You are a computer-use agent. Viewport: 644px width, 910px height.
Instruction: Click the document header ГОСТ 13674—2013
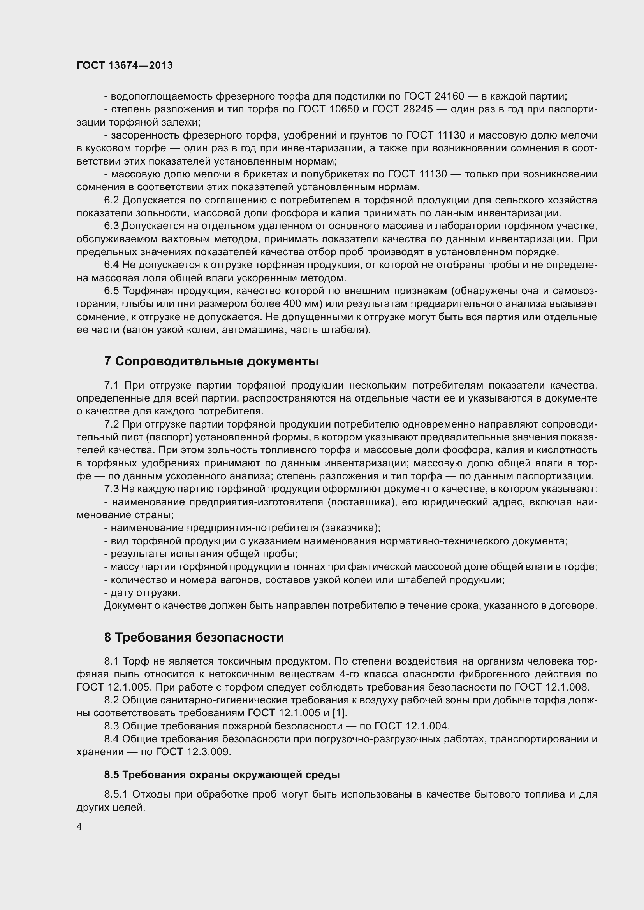[125, 65]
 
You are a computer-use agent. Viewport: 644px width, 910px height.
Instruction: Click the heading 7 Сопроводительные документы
[211, 361]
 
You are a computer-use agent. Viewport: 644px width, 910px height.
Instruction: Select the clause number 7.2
[111, 424]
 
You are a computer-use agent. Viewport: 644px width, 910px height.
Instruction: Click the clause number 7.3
[111, 489]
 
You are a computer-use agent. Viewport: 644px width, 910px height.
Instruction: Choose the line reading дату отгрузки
[143, 593]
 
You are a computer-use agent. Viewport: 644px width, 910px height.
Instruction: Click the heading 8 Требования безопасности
[194, 637]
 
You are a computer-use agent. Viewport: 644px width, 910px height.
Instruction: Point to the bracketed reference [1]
[340, 713]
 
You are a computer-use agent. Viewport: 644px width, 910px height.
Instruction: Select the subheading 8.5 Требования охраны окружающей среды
[222, 775]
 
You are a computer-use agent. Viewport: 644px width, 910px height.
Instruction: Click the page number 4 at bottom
[79, 827]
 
